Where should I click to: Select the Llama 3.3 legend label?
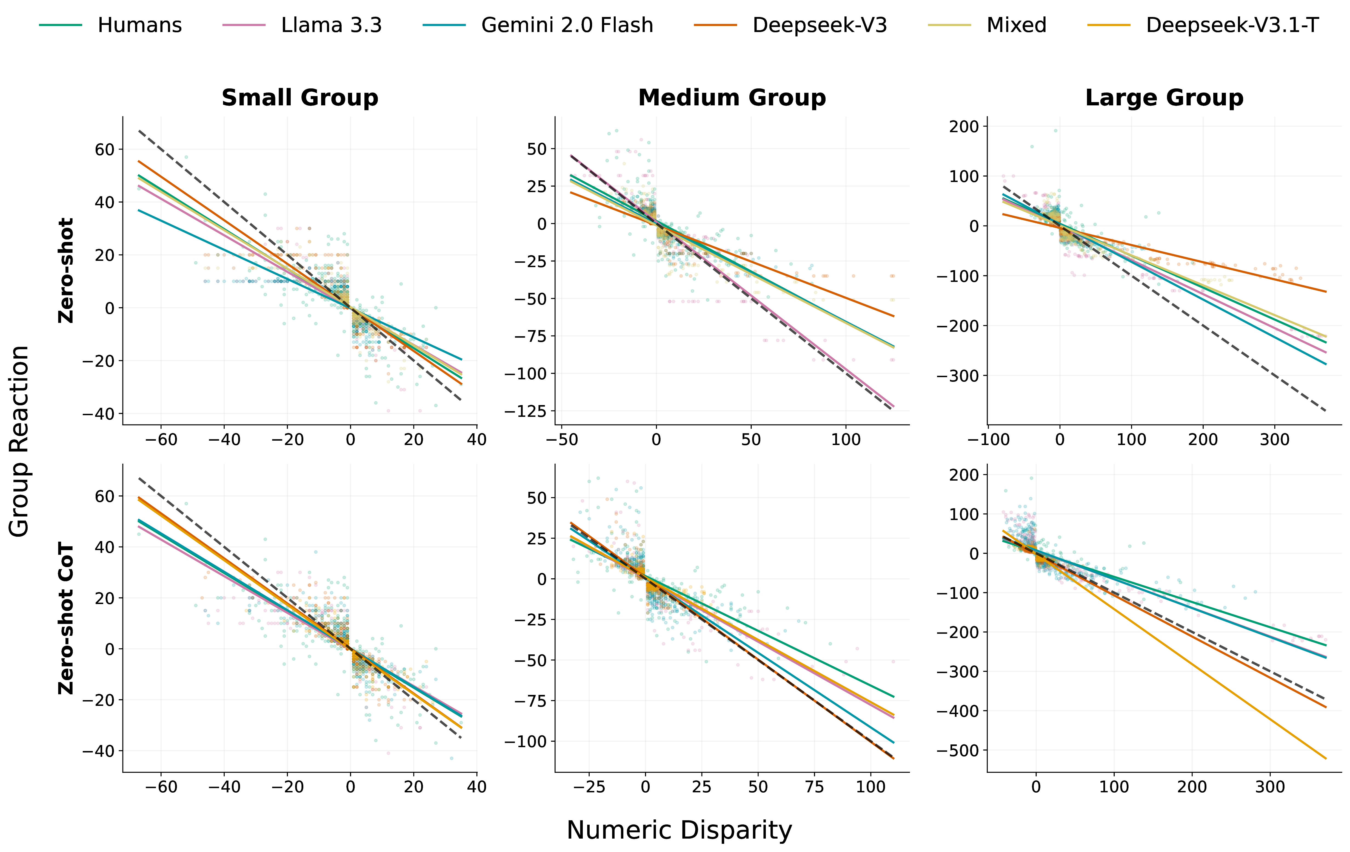331,25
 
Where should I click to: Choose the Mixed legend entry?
1016,25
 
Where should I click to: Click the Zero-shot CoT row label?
66,618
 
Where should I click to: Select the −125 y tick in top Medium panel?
525,411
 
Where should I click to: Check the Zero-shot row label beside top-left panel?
66,271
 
